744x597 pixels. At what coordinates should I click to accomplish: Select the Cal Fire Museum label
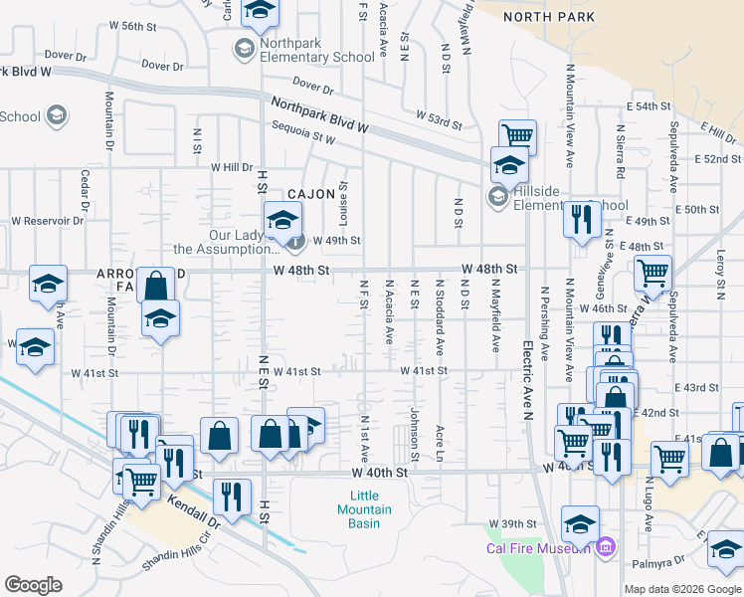tap(539, 547)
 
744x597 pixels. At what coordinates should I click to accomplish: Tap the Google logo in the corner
tap(33, 585)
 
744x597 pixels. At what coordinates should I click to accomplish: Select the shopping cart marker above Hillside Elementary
tap(517, 136)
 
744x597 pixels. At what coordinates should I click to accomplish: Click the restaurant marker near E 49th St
tap(582, 219)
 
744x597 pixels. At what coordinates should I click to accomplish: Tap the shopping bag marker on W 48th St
tap(156, 286)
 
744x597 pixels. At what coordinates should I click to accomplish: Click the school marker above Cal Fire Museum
tap(580, 522)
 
